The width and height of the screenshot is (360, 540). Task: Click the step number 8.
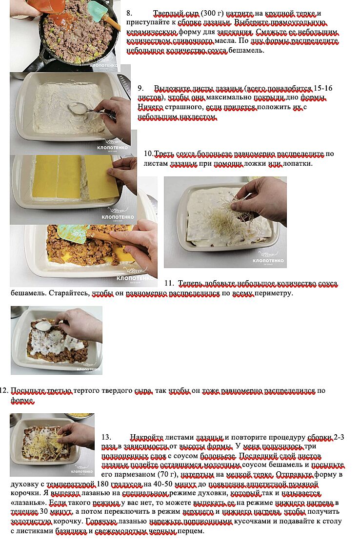coord(129,14)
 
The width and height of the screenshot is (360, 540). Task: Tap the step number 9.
coord(140,88)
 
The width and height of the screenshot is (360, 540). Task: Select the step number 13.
coord(106,437)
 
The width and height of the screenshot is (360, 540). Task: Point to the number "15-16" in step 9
coord(323,88)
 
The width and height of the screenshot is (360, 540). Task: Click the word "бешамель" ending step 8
coord(247,50)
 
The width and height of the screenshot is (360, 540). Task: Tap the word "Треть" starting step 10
coord(164,154)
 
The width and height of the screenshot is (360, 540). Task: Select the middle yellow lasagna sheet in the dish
coord(69,177)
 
